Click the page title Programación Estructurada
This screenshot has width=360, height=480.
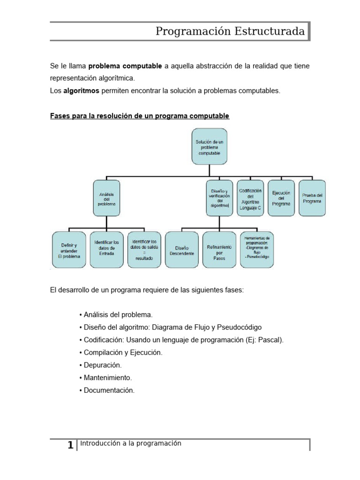pyautogui.click(x=230, y=31)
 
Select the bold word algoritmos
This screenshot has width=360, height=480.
pyautogui.click(x=81, y=91)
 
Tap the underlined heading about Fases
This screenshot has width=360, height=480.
pyautogui.click(x=140, y=116)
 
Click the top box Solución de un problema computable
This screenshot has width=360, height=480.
pyautogui.click(x=209, y=147)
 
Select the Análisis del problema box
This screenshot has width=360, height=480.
pyautogui.click(x=106, y=198)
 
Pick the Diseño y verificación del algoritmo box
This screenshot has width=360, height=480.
pyautogui.click(x=219, y=198)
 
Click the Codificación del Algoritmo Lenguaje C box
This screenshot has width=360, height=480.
pyautogui.click(x=250, y=198)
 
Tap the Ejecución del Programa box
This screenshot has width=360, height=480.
pyautogui.click(x=281, y=198)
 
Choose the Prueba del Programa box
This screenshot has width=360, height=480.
pyautogui.click(x=312, y=198)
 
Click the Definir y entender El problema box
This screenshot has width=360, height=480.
pyautogui.click(x=68, y=250)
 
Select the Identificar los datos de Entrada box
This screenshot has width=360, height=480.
pyautogui.click(x=106, y=250)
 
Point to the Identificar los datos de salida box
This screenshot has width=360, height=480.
pyautogui.click(x=144, y=250)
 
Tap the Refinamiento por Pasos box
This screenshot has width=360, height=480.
pyautogui.click(x=219, y=250)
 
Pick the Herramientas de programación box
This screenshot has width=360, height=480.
pyautogui.click(x=257, y=250)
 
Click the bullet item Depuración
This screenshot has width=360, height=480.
pyautogui.click(x=102, y=365)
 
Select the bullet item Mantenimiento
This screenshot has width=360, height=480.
pyautogui.click(x=107, y=377)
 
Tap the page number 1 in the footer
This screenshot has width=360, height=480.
pyautogui.click(x=70, y=445)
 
